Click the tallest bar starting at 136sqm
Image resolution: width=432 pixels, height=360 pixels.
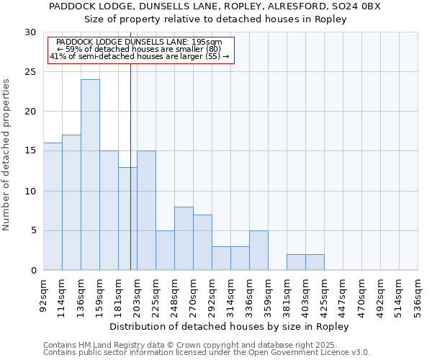(x=90, y=175)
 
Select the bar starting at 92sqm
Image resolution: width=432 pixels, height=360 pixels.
(x=53, y=207)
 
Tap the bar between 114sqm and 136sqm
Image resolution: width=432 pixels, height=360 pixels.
(x=71, y=202)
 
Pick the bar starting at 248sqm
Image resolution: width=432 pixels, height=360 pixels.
(x=184, y=238)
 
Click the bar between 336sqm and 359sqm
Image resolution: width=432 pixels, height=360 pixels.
(x=258, y=251)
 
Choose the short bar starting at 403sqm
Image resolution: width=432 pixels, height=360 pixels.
(x=315, y=262)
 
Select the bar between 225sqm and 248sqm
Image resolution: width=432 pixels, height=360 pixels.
(x=165, y=251)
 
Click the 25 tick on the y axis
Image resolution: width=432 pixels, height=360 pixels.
(x=30, y=72)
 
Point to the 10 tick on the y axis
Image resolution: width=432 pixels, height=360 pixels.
(x=30, y=192)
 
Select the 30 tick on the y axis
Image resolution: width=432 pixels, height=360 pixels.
(x=30, y=32)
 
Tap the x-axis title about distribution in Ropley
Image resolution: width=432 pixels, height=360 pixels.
(x=230, y=327)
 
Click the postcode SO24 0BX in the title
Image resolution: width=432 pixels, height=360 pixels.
(x=361, y=6)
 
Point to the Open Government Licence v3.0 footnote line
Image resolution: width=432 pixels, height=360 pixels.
(x=207, y=352)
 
